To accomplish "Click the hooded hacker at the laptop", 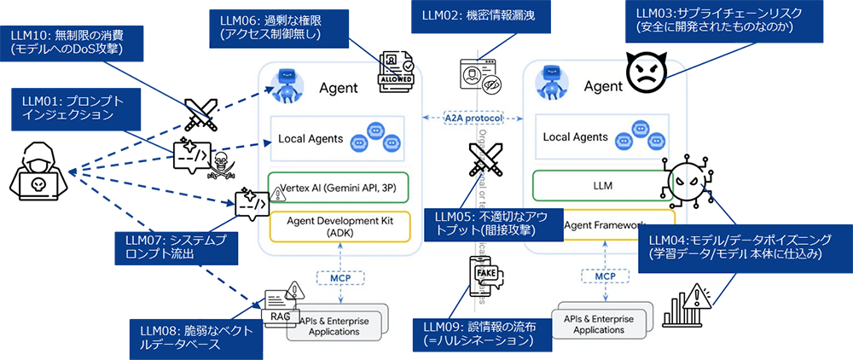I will point(38,176).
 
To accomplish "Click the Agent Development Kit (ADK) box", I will point(339,225).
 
